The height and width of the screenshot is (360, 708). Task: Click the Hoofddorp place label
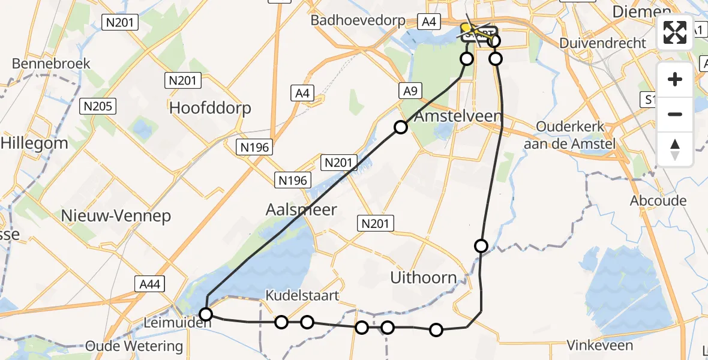[x=210, y=108]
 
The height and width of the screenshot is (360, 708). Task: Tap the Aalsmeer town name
[x=301, y=209]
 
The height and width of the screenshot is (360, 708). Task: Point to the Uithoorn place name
[x=424, y=278]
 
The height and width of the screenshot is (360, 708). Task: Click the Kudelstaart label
[x=303, y=295]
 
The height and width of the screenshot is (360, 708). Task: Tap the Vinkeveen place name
[x=600, y=345]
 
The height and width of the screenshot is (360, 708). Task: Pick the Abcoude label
[x=658, y=201]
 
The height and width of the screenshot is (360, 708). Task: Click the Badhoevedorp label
[x=358, y=20]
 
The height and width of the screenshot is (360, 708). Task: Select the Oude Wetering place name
[x=134, y=346]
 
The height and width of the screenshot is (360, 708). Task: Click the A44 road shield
[x=148, y=284]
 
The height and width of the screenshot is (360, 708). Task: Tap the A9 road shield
[x=409, y=91]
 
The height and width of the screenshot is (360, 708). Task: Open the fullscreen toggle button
[x=675, y=32]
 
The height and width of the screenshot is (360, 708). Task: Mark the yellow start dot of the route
[x=466, y=28]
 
